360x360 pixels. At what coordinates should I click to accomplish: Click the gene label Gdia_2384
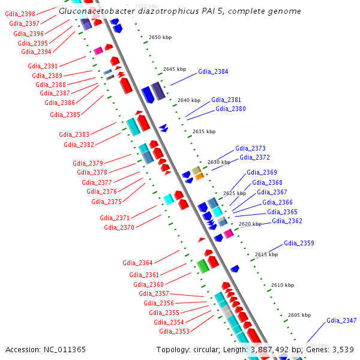tap(213, 71)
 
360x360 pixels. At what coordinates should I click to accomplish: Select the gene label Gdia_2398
tap(20, 13)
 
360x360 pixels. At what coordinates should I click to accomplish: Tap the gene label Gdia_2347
tap(341, 321)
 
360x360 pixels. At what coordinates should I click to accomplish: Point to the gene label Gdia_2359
tap(299, 243)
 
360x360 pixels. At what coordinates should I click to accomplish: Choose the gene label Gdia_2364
tap(137, 263)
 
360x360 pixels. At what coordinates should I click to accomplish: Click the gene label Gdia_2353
tap(174, 331)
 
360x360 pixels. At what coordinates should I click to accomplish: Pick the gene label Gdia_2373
tap(250, 148)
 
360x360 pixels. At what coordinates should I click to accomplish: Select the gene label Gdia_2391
tap(43, 66)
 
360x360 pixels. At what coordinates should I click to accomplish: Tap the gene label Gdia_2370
tap(119, 227)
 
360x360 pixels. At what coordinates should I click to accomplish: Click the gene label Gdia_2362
tap(287, 221)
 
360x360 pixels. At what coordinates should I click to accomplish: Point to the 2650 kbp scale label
tap(160, 37)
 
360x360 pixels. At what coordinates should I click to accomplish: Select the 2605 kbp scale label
tap(299, 315)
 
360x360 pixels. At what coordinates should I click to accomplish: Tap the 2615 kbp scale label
tap(266, 254)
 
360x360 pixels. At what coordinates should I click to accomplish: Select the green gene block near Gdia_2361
tap(203, 265)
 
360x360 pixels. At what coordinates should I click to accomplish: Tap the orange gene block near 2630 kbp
tap(199, 176)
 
